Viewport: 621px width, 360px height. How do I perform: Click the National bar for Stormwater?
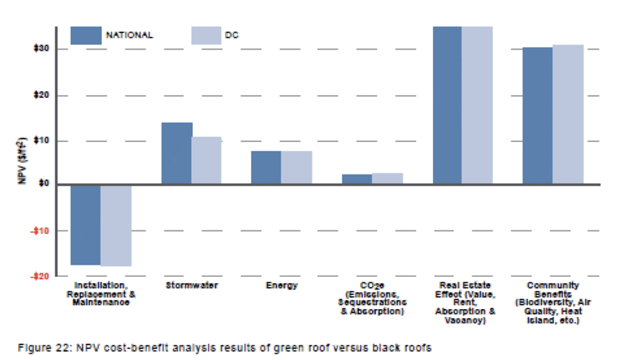[x=176, y=153]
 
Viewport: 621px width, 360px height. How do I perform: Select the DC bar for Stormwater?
[x=206, y=160]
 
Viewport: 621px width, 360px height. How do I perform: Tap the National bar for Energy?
[x=266, y=168]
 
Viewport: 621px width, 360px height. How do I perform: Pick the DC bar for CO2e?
[x=388, y=179]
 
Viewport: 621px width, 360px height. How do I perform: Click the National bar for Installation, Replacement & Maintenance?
[x=85, y=225]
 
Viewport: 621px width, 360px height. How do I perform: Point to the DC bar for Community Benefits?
[x=568, y=115]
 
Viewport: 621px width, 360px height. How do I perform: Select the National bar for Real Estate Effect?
[x=447, y=106]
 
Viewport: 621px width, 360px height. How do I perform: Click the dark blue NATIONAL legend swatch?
[x=86, y=35]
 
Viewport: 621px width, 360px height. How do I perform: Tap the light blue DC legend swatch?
[x=206, y=35]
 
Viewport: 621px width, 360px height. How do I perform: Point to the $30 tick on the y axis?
[x=42, y=49]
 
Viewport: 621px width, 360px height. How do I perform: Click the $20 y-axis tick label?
[x=42, y=96]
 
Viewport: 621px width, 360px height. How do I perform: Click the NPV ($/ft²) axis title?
[x=22, y=161]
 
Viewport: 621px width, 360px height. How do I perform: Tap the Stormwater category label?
[x=191, y=286]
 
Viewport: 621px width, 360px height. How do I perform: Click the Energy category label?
[x=281, y=286]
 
